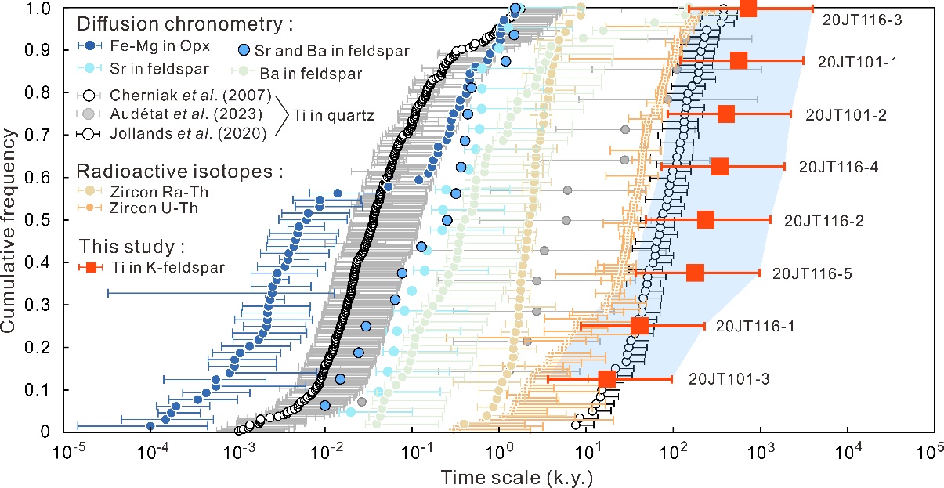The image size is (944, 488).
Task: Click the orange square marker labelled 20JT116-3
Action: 748,8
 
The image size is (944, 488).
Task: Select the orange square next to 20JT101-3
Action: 606,379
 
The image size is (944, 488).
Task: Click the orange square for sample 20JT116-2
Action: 705,220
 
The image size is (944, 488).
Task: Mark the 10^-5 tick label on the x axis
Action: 70,453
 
